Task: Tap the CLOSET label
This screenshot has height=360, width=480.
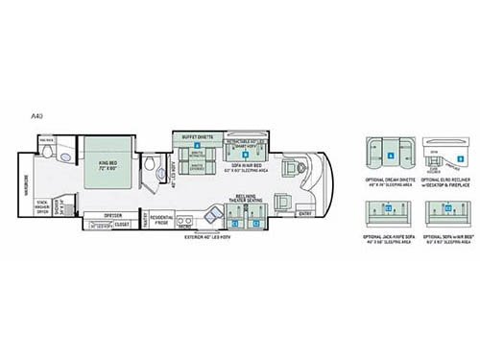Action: pos(123,226)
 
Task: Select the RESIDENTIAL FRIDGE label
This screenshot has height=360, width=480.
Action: pos(160,221)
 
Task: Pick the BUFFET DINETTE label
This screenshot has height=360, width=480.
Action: pos(197,137)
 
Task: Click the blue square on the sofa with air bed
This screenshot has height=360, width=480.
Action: pos(246,152)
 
